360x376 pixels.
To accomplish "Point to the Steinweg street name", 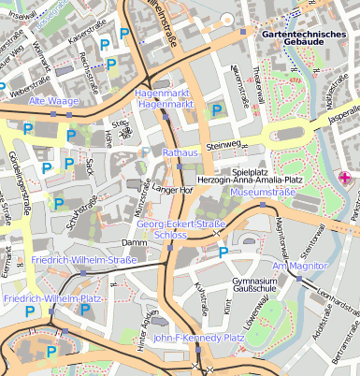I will [223, 145].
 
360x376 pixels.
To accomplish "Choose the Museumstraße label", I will [263, 192].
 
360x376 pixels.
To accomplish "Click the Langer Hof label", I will [172, 191].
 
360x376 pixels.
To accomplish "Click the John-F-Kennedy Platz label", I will [198, 338].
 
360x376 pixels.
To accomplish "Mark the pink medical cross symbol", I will [344, 178].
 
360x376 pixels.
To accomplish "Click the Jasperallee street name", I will [342, 110].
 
